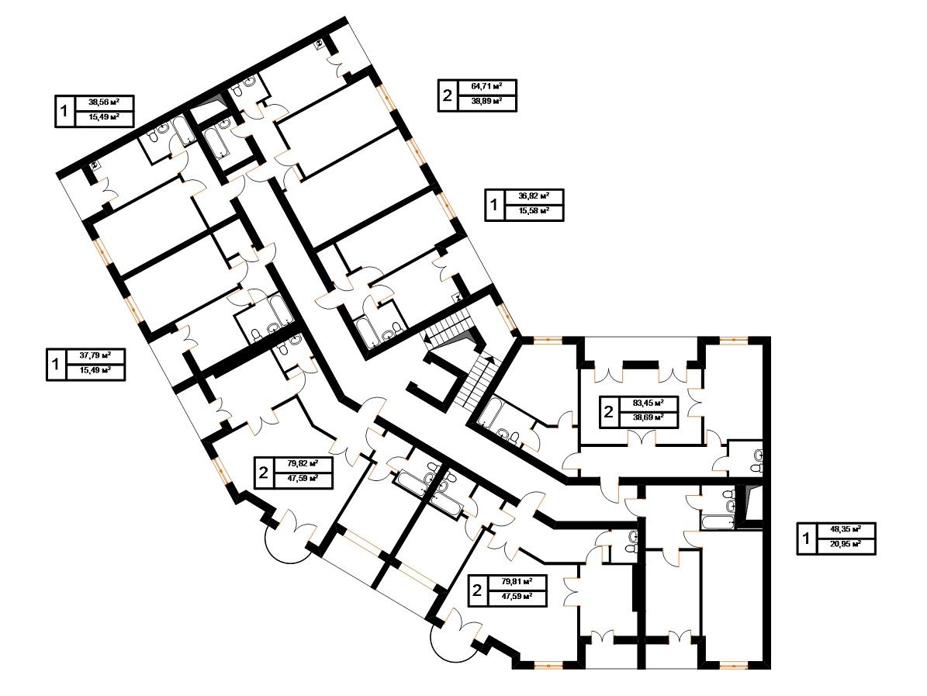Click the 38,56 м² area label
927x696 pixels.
point(103,102)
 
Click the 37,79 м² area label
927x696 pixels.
point(95,356)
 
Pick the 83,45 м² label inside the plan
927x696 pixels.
point(648,403)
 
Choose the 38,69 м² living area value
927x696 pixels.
point(648,418)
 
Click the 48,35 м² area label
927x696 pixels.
point(846,529)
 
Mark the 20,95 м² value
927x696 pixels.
point(846,544)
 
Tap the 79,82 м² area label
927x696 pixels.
point(303,463)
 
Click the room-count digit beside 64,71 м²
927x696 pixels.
point(448,95)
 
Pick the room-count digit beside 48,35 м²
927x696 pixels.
point(805,538)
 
